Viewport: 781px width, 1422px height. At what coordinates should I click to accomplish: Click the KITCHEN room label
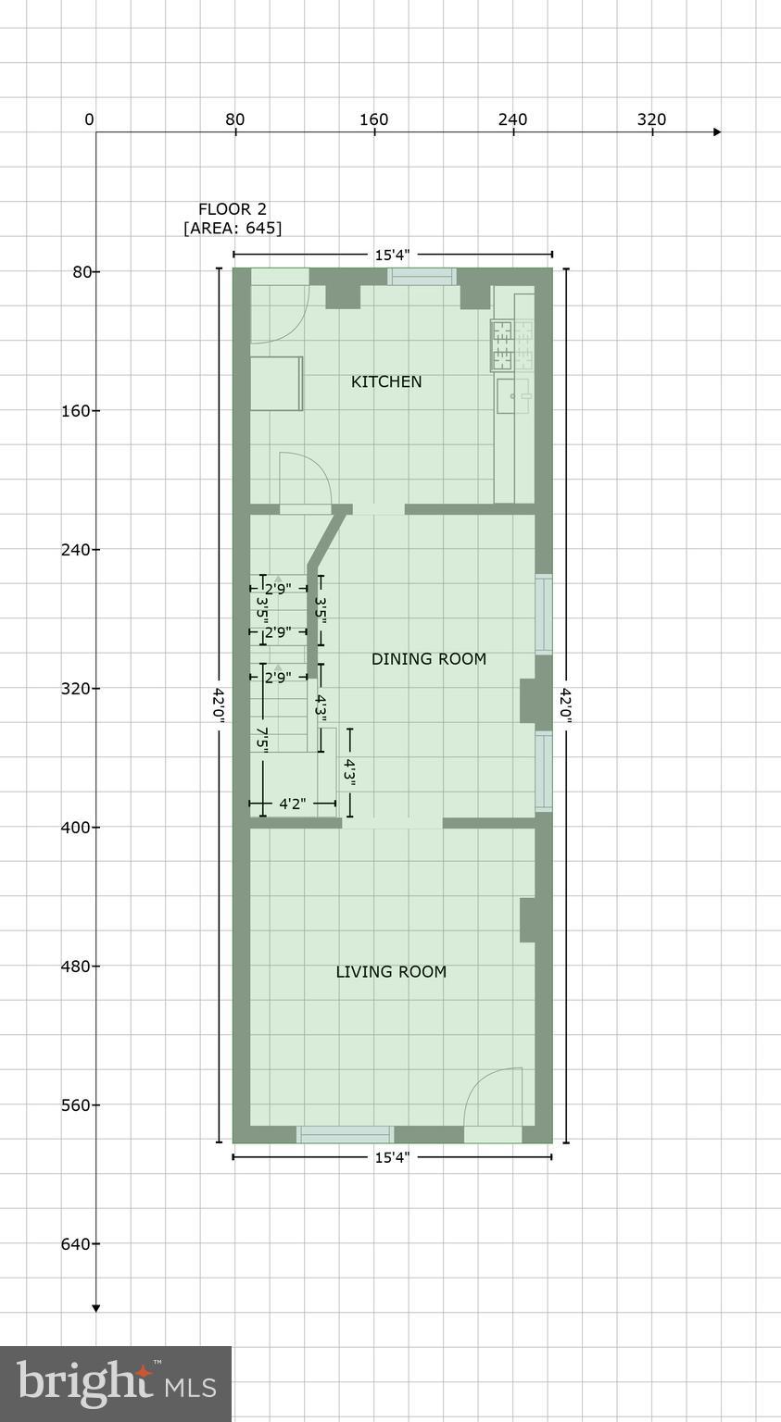[386, 381]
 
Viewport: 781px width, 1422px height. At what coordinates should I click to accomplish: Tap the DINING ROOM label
[428, 659]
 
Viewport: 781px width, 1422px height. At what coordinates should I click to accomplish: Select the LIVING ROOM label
[390, 971]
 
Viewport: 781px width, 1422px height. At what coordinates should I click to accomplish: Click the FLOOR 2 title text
[232, 209]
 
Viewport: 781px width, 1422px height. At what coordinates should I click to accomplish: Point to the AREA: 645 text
[232, 228]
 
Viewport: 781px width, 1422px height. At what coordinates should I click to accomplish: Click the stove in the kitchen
[513, 344]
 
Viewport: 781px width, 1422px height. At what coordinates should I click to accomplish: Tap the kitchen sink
[512, 395]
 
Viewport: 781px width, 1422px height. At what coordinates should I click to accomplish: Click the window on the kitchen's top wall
[422, 276]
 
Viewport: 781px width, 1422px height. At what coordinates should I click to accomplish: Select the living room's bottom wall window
[345, 1134]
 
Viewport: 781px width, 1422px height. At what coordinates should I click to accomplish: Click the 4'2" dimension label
[292, 804]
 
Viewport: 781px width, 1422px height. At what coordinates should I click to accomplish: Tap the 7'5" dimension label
[263, 739]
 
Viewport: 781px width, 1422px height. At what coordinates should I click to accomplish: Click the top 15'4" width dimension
[392, 255]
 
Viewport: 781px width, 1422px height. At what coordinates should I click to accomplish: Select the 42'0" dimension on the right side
[565, 705]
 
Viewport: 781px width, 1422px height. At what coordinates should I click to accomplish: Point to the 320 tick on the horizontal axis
[651, 119]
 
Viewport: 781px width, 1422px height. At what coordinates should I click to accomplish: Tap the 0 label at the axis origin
[89, 119]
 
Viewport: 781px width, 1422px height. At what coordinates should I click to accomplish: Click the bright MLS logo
[116, 1383]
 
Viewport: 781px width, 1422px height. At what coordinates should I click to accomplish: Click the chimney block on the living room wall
[527, 919]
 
